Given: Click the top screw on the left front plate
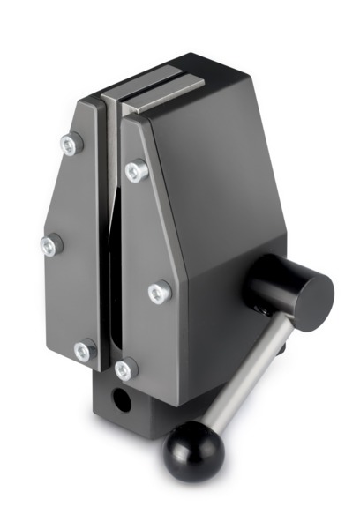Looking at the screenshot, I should pyautogui.click(x=71, y=143).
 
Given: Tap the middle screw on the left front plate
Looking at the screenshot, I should pyautogui.click(x=51, y=244).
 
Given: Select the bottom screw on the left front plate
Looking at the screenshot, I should pyautogui.click(x=84, y=351).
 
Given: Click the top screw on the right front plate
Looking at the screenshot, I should pyautogui.click(x=136, y=170).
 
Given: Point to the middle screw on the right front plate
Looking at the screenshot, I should pyautogui.click(x=159, y=291).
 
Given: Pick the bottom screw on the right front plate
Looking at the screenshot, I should pyautogui.click(x=126, y=369).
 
